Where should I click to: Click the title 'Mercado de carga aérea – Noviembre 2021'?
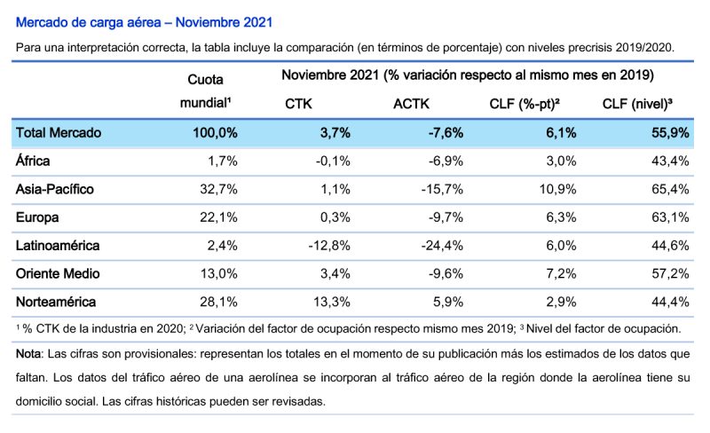[x=145, y=20]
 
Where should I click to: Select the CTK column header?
[x=298, y=104]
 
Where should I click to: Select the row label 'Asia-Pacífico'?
[x=55, y=189]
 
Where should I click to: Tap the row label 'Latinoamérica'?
[x=59, y=245]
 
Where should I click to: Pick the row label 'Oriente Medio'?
[x=58, y=273]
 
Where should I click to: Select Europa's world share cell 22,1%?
[x=219, y=217]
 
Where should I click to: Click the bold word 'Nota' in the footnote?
[x=29, y=353]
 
